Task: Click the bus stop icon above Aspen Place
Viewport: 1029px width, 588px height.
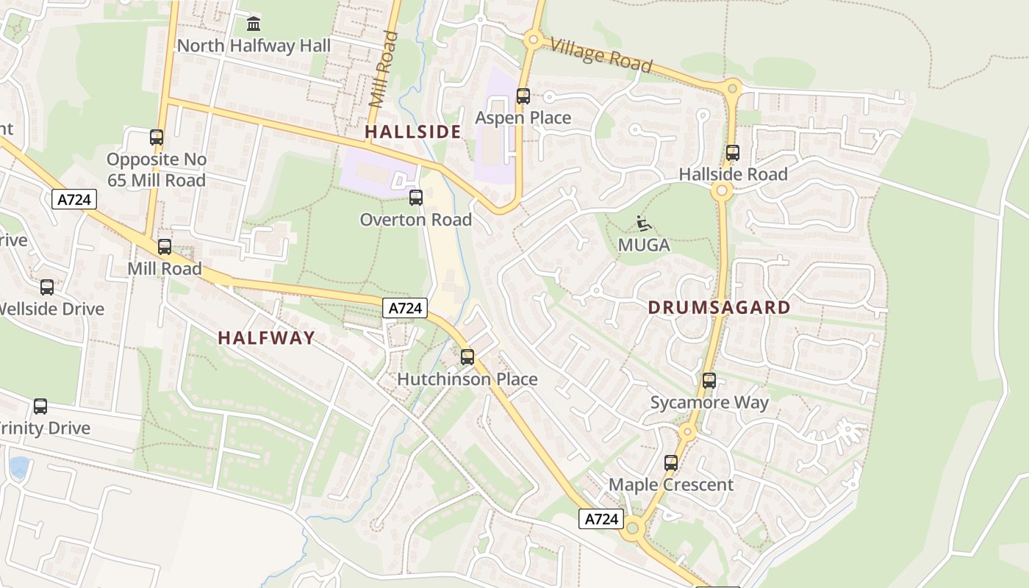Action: pos(523,96)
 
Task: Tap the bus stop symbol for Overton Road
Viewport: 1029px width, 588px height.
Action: pos(416,198)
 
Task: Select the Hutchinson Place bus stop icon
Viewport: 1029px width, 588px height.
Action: pos(467,358)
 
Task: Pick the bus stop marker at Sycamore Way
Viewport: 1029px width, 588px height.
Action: pos(709,381)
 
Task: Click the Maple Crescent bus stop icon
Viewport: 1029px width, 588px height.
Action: pos(670,463)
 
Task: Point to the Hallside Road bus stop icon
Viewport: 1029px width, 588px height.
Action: pos(732,153)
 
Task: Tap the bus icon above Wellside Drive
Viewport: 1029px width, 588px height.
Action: pos(47,287)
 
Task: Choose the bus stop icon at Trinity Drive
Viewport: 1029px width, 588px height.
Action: pos(40,406)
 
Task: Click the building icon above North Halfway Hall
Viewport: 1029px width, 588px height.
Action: pos(254,24)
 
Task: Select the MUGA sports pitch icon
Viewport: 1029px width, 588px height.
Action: pos(644,223)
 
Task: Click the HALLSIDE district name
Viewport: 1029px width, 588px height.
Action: pos(413,132)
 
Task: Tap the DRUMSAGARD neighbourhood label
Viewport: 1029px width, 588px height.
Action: pos(719,308)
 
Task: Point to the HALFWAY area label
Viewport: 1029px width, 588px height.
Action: pos(266,338)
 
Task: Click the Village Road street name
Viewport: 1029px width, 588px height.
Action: pos(600,55)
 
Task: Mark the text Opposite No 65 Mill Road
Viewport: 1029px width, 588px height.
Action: pos(156,170)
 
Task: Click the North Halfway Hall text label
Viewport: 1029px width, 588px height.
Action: pos(254,46)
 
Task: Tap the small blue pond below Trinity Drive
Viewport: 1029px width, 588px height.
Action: pos(19,467)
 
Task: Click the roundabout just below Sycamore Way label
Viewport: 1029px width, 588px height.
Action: pos(687,432)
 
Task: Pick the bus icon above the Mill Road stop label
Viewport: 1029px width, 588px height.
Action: pos(165,247)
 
